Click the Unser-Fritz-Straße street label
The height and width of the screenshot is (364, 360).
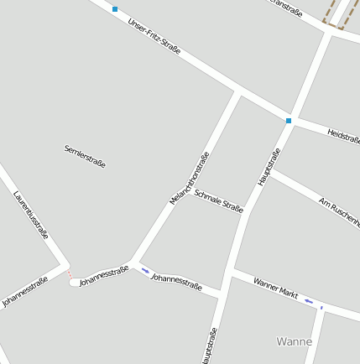point(154,36)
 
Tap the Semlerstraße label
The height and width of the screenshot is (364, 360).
point(85,156)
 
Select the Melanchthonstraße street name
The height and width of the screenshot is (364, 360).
point(189,178)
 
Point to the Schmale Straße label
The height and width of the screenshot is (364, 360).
point(218,200)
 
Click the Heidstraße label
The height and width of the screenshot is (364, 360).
point(343,135)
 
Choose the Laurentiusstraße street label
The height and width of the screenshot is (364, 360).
point(31,215)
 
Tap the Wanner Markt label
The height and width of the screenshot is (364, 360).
point(275,289)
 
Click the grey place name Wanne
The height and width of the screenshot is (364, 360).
point(294,341)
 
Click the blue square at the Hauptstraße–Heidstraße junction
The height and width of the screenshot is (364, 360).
point(289,121)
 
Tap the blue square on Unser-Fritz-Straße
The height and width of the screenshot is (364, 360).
point(115,9)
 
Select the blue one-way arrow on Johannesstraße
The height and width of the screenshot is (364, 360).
point(146,270)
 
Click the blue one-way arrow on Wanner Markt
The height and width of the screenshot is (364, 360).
point(309,300)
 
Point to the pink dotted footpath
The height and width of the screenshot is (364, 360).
point(69,273)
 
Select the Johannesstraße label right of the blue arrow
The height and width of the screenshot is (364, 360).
point(176,283)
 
